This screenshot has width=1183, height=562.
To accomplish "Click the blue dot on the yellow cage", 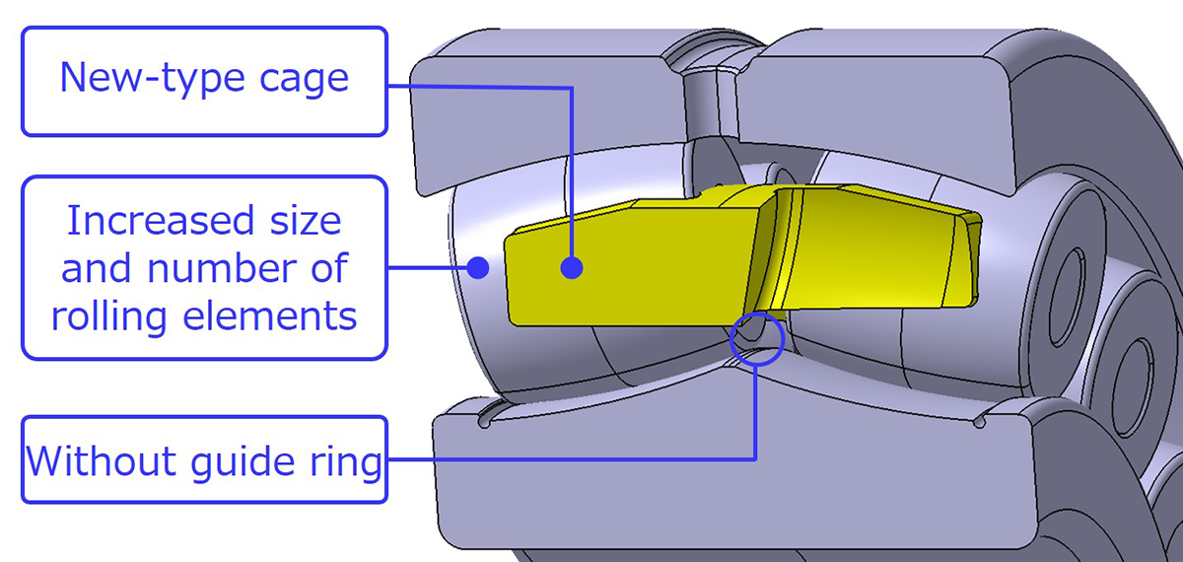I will [x=572, y=267].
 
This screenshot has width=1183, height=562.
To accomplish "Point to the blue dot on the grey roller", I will [x=478, y=267].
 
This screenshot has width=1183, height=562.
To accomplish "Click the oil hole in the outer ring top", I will [x=709, y=98].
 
